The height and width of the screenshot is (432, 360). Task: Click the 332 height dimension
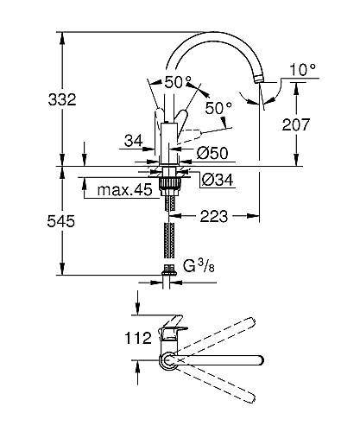(x=62, y=99)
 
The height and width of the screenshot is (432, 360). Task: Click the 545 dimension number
(x=61, y=221)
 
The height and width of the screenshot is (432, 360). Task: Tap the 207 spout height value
(x=296, y=124)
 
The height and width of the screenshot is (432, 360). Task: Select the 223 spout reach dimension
(x=213, y=216)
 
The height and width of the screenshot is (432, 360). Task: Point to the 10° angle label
(x=302, y=70)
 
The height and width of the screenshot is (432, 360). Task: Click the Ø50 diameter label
(x=212, y=153)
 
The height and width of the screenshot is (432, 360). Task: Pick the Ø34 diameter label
(x=218, y=180)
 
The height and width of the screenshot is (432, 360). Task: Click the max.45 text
(x=124, y=190)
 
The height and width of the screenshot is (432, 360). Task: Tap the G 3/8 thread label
(x=199, y=266)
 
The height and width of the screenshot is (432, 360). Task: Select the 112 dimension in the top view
(x=138, y=338)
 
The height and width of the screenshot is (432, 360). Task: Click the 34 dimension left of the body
(x=133, y=141)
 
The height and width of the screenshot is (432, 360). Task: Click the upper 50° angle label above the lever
(x=178, y=82)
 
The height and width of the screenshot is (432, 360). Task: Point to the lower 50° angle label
(x=218, y=108)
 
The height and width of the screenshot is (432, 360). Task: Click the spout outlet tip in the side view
(x=259, y=79)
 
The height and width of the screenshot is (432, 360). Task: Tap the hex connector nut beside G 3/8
(x=168, y=270)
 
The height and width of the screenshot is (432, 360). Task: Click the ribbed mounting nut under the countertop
(x=170, y=183)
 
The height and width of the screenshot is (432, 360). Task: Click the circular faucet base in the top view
(x=167, y=361)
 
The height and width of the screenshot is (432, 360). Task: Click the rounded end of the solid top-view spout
(x=260, y=360)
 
